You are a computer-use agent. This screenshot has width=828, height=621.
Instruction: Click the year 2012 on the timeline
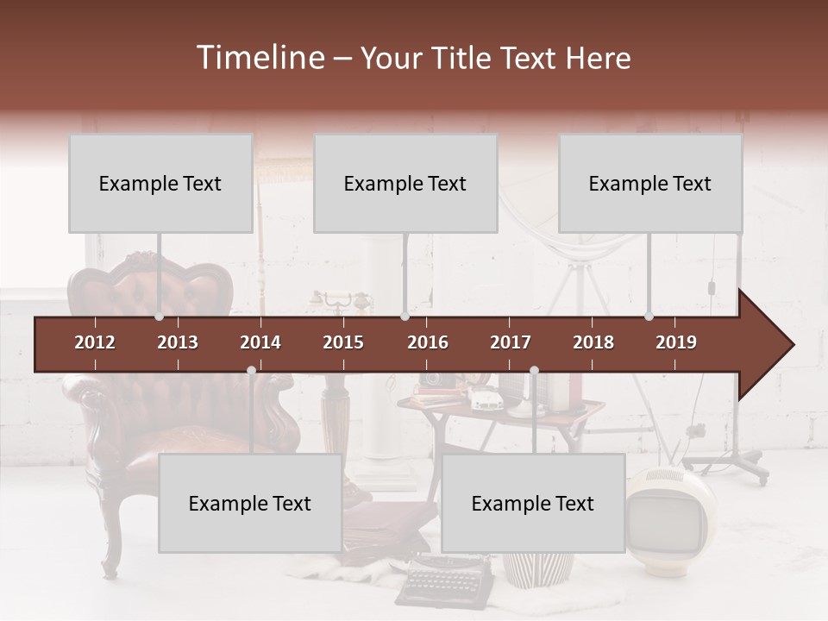click(x=95, y=342)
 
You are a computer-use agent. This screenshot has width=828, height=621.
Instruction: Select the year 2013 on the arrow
click(x=178, y=342)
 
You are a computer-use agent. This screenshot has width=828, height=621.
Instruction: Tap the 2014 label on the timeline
click(x=260, y=342)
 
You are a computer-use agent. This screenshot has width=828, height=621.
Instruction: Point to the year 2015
click(x=343, y=342)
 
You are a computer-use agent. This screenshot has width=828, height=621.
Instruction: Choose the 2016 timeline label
click(x=428, y=342)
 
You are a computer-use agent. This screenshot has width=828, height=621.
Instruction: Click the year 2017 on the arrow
click(x=511, y=342)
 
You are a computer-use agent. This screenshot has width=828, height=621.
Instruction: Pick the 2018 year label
click(x=593, y=342)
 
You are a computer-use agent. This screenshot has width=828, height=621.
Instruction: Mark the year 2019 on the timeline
click(x=676, y=342)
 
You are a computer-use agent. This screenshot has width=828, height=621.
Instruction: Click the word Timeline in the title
click(x=260, y=58)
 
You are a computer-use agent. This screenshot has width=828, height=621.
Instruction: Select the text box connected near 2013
click(x=160, y=183)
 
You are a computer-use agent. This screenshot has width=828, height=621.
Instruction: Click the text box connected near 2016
click(x=405, y=183)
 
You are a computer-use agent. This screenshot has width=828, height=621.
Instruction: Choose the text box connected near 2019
click(x=650, y=183)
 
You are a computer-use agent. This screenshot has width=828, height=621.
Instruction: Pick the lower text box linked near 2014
click(x=250, y=503)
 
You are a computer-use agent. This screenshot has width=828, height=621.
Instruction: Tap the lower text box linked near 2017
click(x=533, y=503)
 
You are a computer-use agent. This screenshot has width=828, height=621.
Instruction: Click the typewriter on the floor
click(x=444, y=580)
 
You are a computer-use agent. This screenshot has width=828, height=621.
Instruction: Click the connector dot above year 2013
click(x=159, y=317)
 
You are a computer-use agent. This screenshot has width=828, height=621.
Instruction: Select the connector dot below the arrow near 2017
click(x=534, y=371)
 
